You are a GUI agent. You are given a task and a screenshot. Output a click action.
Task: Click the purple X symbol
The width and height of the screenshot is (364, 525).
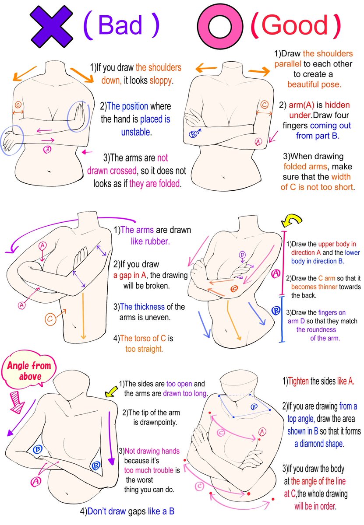point(51,26)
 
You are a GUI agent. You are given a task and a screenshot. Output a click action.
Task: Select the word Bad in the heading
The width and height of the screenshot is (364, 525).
point(120,24)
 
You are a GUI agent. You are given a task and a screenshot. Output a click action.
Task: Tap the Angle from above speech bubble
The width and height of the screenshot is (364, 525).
point(29,371)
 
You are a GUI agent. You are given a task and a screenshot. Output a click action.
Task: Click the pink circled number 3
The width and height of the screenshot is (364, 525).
point(47,149)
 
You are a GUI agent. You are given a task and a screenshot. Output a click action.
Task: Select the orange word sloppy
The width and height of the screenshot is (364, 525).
point(160,80)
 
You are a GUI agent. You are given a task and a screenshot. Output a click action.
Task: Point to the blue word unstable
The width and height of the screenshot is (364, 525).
point(135,132)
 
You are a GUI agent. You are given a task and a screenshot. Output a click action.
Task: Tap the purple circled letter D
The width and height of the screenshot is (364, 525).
point(242,255)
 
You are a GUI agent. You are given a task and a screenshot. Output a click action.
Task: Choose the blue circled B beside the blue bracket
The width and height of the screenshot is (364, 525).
point(276,311)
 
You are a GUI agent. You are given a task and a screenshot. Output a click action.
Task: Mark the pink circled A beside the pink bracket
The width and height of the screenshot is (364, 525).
point(276,273)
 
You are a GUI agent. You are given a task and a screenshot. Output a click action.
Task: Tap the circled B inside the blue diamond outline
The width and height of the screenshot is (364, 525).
point(254,406)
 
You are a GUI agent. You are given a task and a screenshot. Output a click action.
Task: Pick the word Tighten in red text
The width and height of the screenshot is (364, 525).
point(298,381)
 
